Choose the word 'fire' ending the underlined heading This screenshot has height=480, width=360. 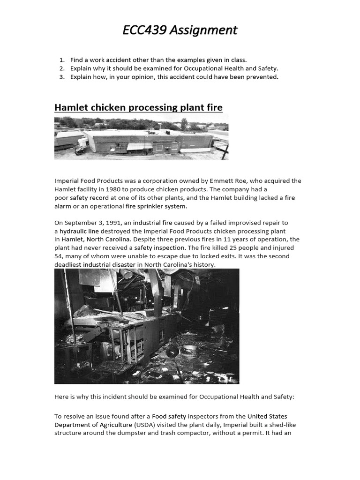[215, 108]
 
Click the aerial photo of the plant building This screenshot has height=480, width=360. [141, 138]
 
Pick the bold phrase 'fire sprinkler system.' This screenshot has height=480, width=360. [156, 206]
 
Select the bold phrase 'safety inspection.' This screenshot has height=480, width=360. [160, 248]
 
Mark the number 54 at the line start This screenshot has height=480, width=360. [58, 257]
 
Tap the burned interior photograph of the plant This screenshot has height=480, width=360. [147, 326]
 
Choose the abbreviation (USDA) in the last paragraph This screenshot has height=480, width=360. [143, 425]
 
